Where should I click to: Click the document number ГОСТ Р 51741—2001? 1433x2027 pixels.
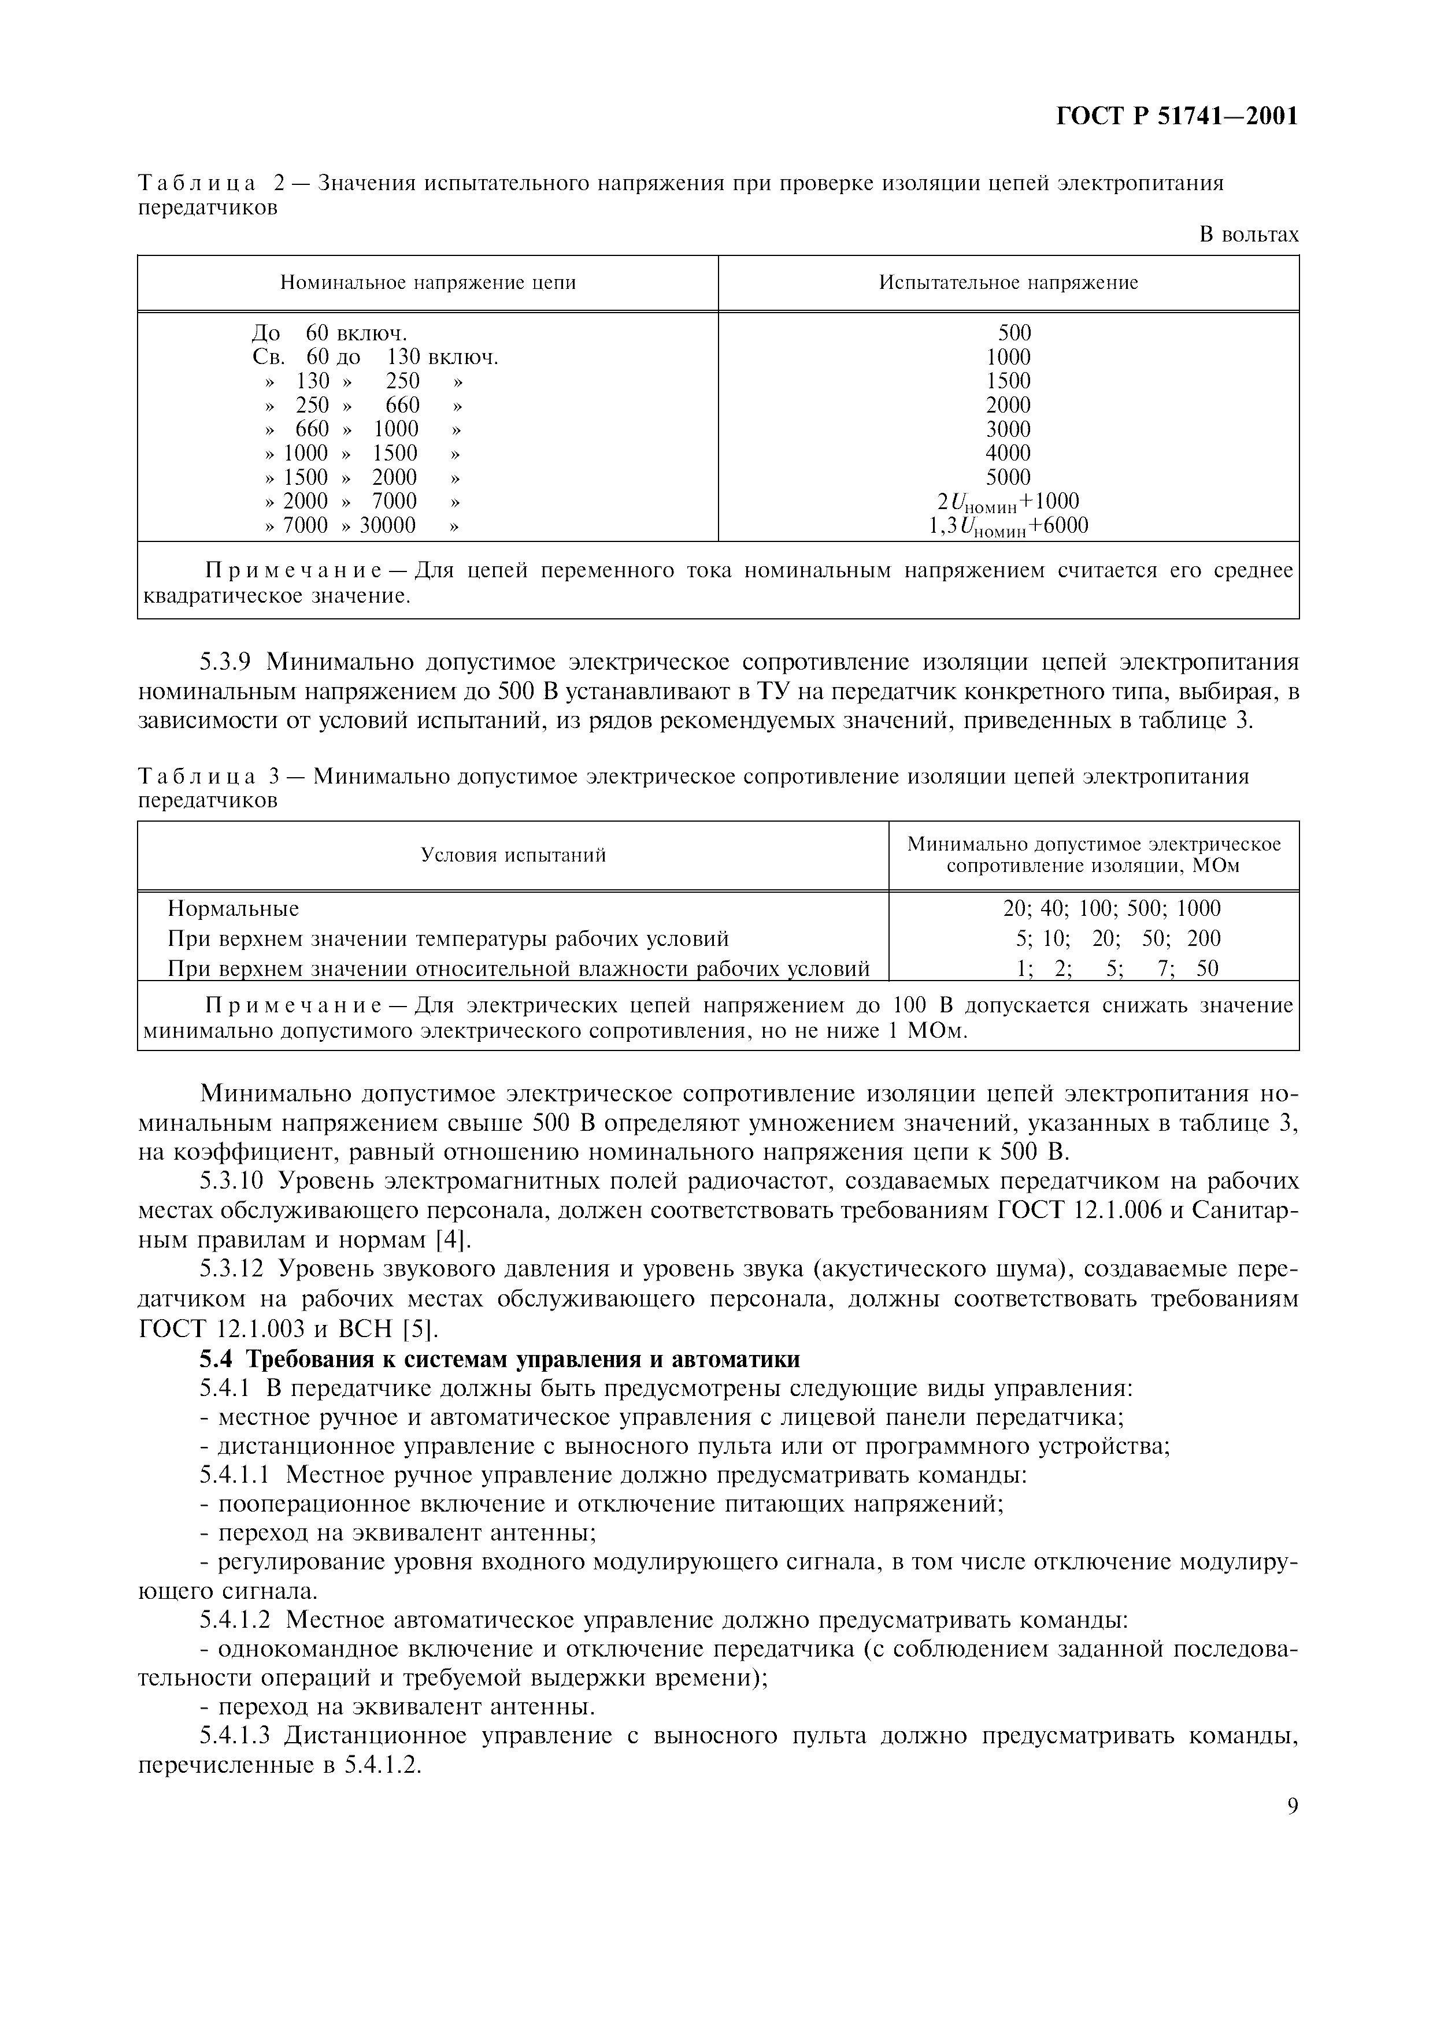click(1177, 117)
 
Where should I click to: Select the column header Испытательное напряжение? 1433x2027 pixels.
click(1008, 283)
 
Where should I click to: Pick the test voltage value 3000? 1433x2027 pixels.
click(1008, 429)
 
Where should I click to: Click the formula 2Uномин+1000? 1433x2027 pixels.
click(1008, 502)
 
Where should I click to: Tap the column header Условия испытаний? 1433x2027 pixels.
click(513, 855)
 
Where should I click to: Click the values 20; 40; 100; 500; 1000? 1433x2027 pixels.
click(1105, 908)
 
